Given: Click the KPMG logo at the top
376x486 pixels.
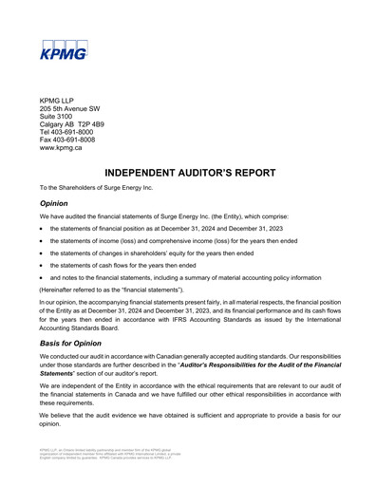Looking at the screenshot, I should [64, 49].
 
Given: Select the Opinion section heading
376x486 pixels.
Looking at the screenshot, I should [54, 203].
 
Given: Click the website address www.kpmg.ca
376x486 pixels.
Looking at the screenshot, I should [61, 149].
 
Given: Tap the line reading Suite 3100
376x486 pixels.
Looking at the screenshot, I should [59, 120].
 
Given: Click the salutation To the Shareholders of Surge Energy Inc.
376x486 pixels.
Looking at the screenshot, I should [96, 188].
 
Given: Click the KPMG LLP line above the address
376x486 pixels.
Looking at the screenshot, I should [57, 101].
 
